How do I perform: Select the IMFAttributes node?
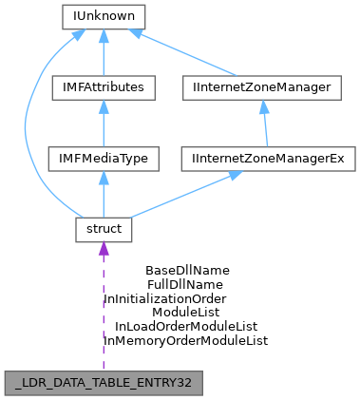pos(102,87)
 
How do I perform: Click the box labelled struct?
pos(102,230)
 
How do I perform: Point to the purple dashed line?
pos(103,314)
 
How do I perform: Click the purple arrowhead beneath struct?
pos(103,250)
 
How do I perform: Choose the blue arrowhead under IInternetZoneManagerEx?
pos(232,176)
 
